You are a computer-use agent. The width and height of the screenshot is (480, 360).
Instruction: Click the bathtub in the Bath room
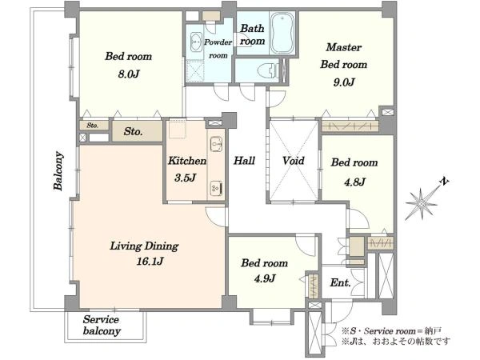(x=282, y=33)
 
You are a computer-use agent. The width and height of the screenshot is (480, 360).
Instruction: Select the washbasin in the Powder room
(x=196, y=42)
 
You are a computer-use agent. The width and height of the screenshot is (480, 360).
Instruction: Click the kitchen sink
(x=217, y=143)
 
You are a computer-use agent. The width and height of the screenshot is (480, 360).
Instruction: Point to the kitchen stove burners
(x=217, y=188)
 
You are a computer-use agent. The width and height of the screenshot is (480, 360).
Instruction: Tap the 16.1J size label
(x=150, y=261)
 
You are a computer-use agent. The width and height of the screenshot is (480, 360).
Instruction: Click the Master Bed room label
(x=344, y=56)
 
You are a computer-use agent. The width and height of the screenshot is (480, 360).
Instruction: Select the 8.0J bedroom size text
(x=129, y=74)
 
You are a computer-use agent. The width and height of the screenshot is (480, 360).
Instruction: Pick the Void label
(x=294, y=161)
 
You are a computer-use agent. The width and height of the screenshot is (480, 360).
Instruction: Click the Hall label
(x=244, y=161)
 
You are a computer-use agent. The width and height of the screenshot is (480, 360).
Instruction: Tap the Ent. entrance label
(x=340, y=282)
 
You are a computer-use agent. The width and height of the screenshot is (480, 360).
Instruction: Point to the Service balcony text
(x=102, y=325)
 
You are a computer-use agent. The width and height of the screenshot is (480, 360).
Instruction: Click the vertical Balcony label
(x=58, y=170)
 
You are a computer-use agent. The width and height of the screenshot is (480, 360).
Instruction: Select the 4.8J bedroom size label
(x=354, y=182)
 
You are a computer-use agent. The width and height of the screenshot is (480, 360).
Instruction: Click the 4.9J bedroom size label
(x=265, y=278)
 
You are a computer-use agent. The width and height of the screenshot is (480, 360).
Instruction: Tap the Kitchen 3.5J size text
(x=186, y=178)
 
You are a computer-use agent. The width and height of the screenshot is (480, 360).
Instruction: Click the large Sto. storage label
(x=134, y=132)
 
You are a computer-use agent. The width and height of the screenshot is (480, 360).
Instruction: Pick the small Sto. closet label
(x=93, y=126)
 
